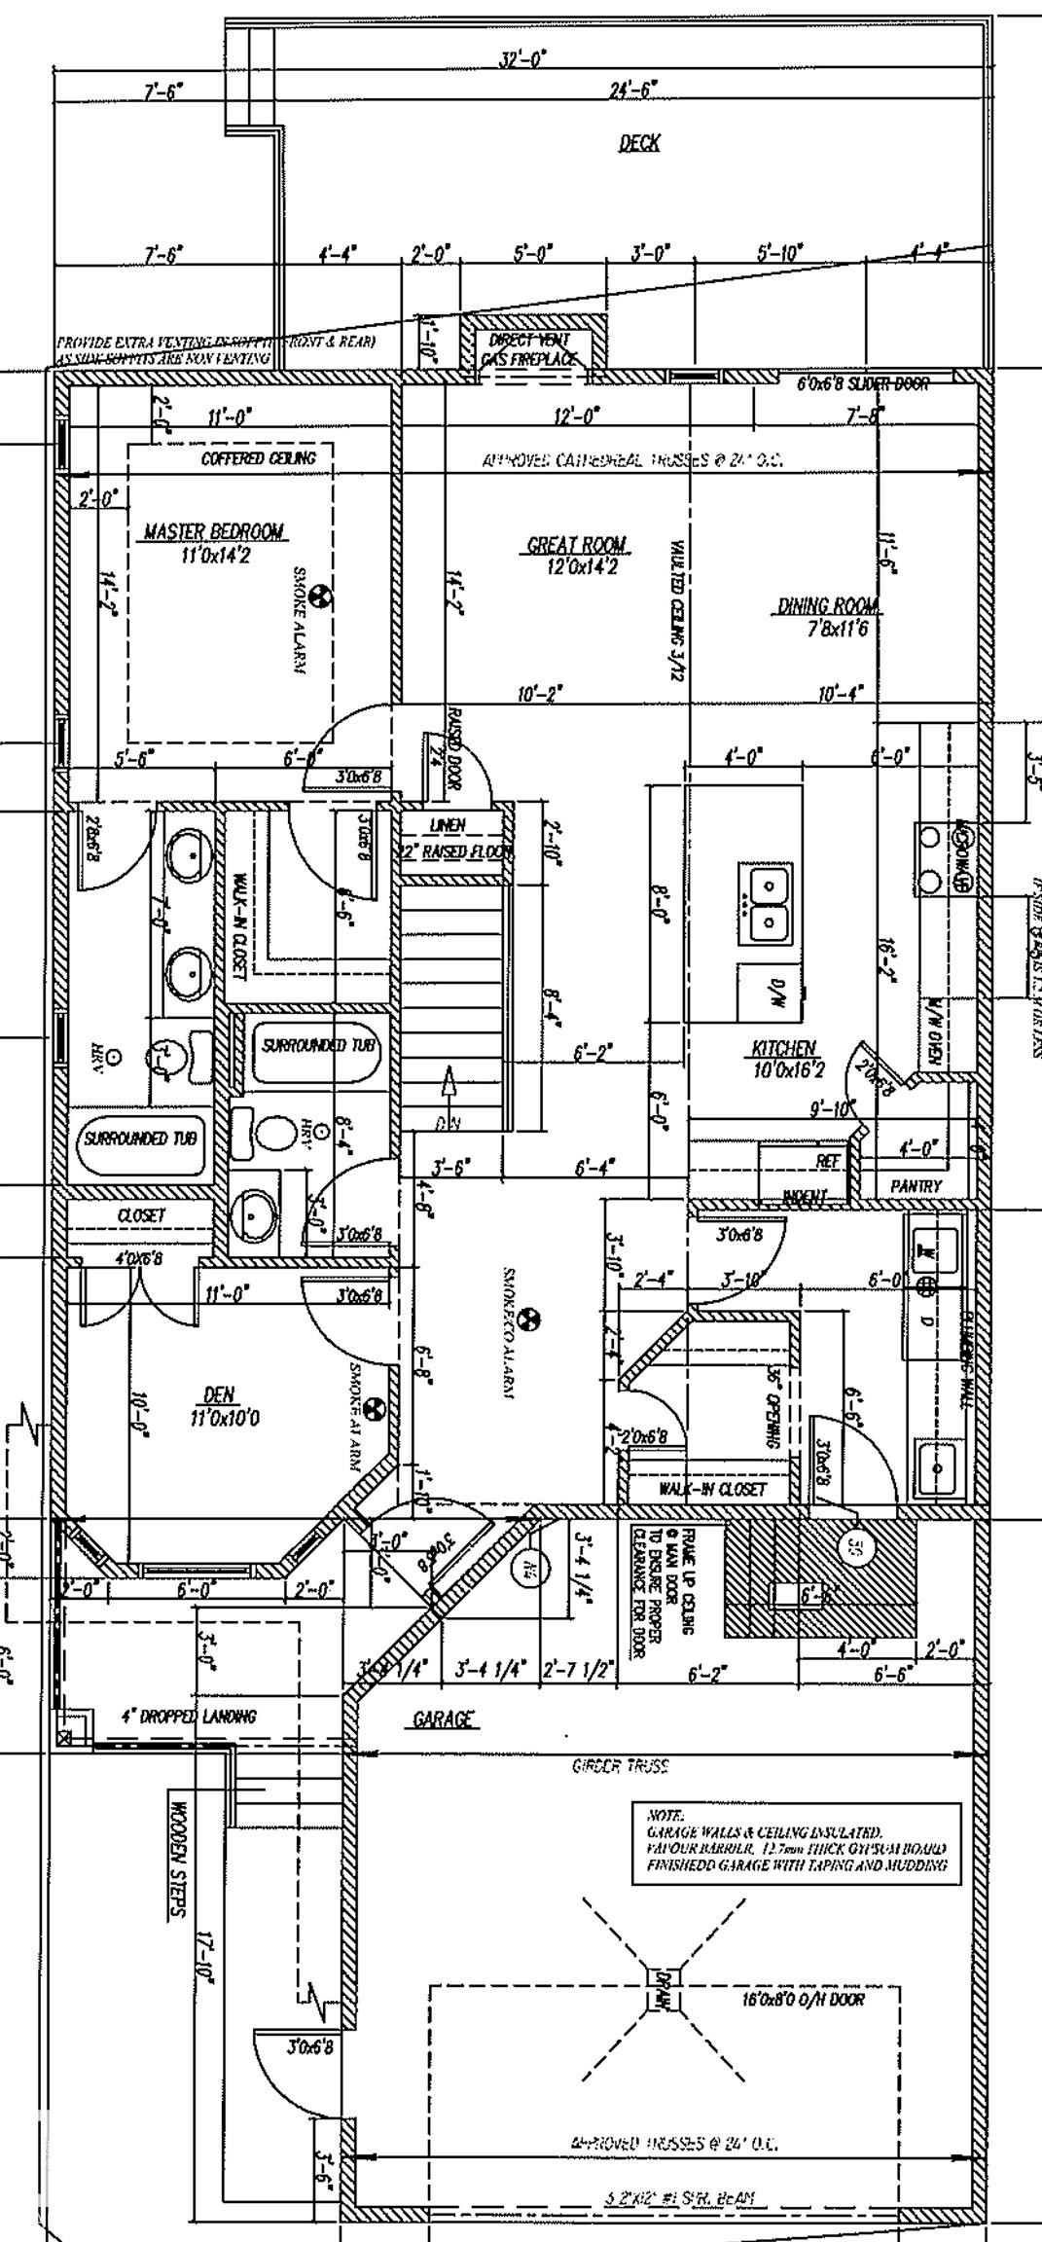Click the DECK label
pos(639,144)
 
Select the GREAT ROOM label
pos(576,545)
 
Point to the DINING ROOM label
pos(828,607)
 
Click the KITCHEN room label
pos(783,1048)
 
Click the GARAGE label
pos(443,1719)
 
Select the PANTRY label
pos(916,1186)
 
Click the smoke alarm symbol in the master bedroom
pos(320,594)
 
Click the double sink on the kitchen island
pos(770,902)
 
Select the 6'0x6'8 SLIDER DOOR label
pos(862,384)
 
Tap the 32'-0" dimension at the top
pos(522,60)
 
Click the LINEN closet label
pos(448,825)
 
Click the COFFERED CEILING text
pos(258,458)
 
